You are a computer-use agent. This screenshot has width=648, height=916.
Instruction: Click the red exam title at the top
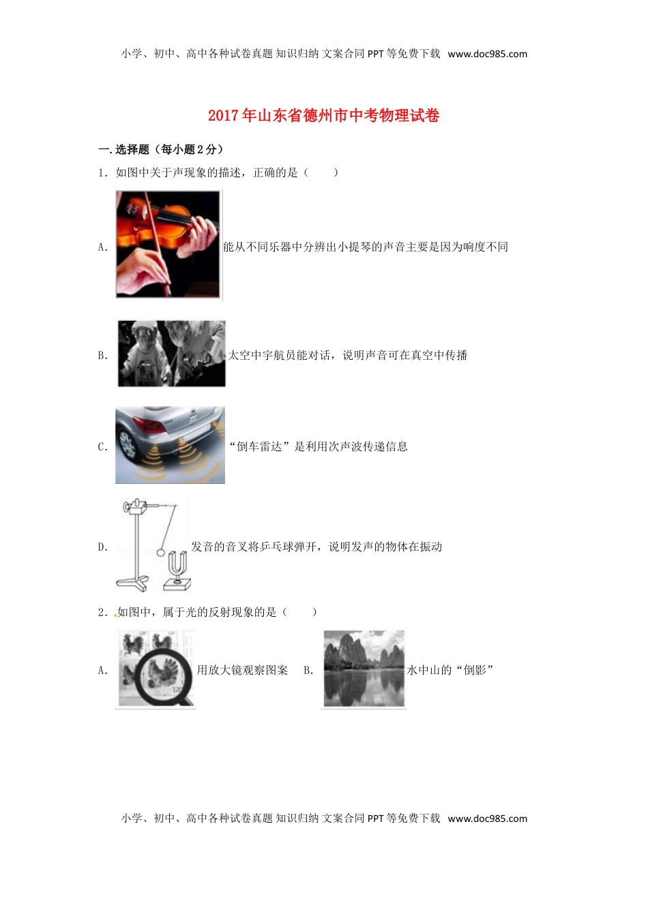coord(323,116)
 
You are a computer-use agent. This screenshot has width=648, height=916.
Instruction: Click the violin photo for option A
coord(168,244)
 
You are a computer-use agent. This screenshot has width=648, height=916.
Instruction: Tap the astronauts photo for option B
coord(171,354)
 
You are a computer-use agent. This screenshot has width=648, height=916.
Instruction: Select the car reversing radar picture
coord(170,445)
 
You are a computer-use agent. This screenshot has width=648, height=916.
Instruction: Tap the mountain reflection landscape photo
coord(364,669)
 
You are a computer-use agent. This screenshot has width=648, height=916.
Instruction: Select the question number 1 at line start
coord(102,173)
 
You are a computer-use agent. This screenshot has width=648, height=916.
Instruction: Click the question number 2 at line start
coord(102,613)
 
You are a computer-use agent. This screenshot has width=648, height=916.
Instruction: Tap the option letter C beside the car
coord(102,447)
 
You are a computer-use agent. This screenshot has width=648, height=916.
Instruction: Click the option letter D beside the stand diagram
coord(102,547)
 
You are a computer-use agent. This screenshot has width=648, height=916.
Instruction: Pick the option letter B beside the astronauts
coord(102,356)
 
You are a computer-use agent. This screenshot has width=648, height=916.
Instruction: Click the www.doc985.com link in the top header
coord(487,55)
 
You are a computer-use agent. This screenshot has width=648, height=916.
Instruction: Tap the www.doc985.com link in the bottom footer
coord(487,819)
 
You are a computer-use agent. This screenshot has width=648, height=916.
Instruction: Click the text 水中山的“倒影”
coord(450,671)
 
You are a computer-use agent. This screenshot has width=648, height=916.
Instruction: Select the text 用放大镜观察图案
coord(242,671)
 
